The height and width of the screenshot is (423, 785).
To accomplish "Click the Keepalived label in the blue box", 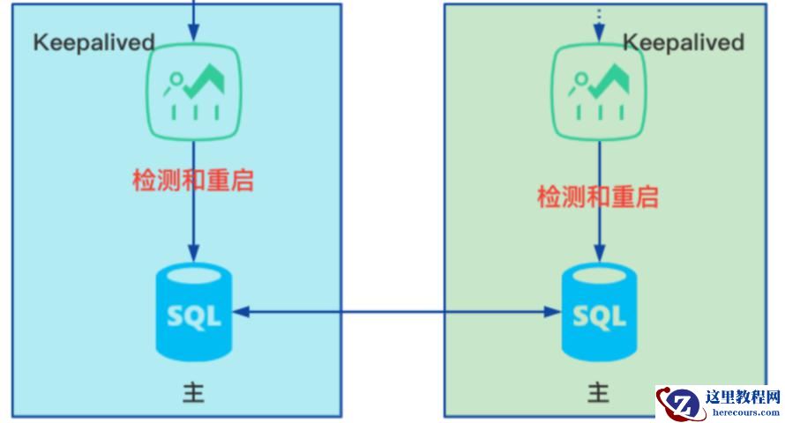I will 94,42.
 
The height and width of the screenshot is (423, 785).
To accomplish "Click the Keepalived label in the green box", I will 684,42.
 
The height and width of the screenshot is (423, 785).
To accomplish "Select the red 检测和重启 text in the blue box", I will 193,181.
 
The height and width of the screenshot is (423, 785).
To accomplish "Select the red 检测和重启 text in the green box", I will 598,196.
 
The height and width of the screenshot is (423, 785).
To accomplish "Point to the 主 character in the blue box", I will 193,391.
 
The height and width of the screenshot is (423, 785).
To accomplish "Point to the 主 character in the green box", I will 599,391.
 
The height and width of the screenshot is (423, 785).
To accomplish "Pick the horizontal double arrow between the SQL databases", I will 397,312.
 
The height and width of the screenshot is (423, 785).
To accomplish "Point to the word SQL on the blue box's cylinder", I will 193,315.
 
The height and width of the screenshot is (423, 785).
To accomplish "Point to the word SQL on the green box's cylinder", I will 600,315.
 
